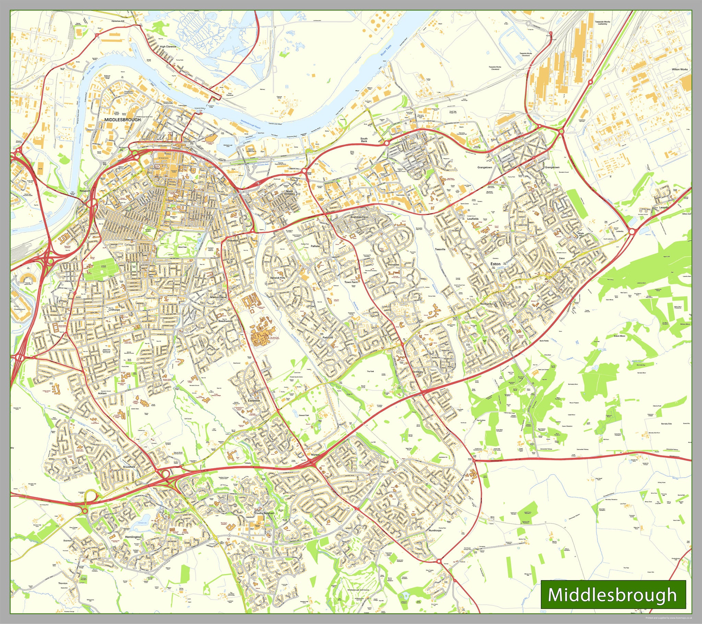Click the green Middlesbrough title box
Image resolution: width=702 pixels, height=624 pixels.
pyautogui.click(x=613, y=594)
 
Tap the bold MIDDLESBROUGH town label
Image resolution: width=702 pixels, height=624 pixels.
pyautogui.click(x=122, y=120)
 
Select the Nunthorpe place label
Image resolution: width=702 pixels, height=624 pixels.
pyautogui.click(x=435, y=530)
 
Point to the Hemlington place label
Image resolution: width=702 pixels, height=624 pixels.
pyautogui.click(x=133, y=537)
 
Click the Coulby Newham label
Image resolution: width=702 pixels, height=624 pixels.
pyautogui.click(x=264, y=513)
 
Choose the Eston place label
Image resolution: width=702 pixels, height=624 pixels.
pyautogui.click(x=495, y=264)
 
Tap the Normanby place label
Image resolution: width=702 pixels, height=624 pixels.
pyautogui.click(x=487, y=304)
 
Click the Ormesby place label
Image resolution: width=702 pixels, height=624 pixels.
pyautogui.click(x=418, y=372)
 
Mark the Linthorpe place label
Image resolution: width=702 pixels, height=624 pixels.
pyautogui.click(x=114, y=310)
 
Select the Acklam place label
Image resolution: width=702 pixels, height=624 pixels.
pyautogui.click(x=102, y=393)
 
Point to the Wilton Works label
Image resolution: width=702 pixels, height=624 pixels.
pyautogui.click(x=680, y=69)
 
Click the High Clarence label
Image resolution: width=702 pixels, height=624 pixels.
pyautogui.click(x=168, y=46)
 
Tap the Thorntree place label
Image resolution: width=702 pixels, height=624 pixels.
pyautogui.click(x=393, y=265)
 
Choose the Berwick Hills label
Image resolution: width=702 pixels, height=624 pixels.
pyautogui.click(x=277, y=277)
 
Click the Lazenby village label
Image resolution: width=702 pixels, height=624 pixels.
pyautogui.click(x=664, y=207)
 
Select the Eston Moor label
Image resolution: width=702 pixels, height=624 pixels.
pyautogui.click(x=620, y=336)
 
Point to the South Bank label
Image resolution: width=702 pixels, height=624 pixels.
pyautogui.click(x=364, y=140)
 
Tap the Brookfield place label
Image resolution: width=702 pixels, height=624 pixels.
pyautogui.click(x=129, y=467)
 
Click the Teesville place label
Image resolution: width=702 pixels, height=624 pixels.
pyautogui.click(x=440, y=249)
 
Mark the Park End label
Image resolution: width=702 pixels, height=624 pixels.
pyautogui.click(x=327, y=338)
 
